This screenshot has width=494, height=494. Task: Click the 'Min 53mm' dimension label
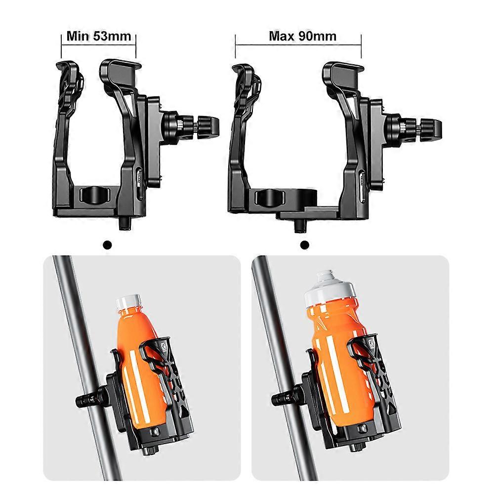[99, 36]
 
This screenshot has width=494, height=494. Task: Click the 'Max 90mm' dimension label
[302, 36]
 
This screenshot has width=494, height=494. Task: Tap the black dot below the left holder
[107, 245]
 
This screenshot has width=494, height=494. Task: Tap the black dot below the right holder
[305, 245]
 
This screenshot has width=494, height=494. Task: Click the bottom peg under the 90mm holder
[300, 226]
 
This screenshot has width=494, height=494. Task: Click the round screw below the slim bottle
[155, 432]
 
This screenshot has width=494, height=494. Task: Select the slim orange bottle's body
[140, 369]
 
